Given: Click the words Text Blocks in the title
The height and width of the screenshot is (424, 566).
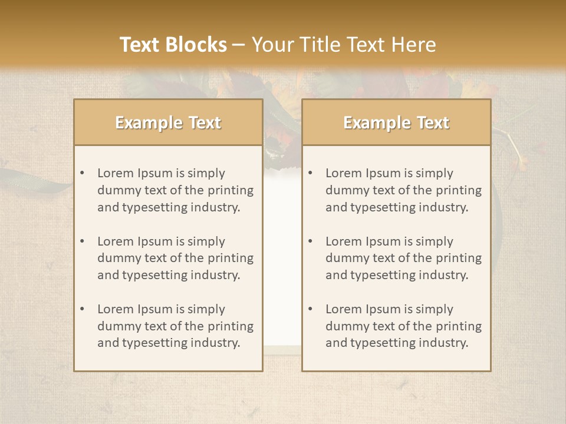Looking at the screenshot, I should [x=173, y=45].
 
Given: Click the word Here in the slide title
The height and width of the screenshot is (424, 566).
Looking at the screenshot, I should [x=413, y=45].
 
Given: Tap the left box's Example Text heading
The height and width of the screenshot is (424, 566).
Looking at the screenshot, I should [x=168, y=122].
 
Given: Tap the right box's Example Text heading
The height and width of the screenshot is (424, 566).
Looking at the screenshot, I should [x=396, y=122].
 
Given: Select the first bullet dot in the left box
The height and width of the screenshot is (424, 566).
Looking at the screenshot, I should [x=82, y=173].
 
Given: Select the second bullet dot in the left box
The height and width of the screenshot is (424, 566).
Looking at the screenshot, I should [x=82, y=241].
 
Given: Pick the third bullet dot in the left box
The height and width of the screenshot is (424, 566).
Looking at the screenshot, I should [x=82, y=309].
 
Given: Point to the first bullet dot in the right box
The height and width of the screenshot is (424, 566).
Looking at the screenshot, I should [x=310, y=173].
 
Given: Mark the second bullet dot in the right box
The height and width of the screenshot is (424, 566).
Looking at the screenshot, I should [x=310, y=241].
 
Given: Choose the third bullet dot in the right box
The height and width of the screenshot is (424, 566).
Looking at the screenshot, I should [x=310, y=309].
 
